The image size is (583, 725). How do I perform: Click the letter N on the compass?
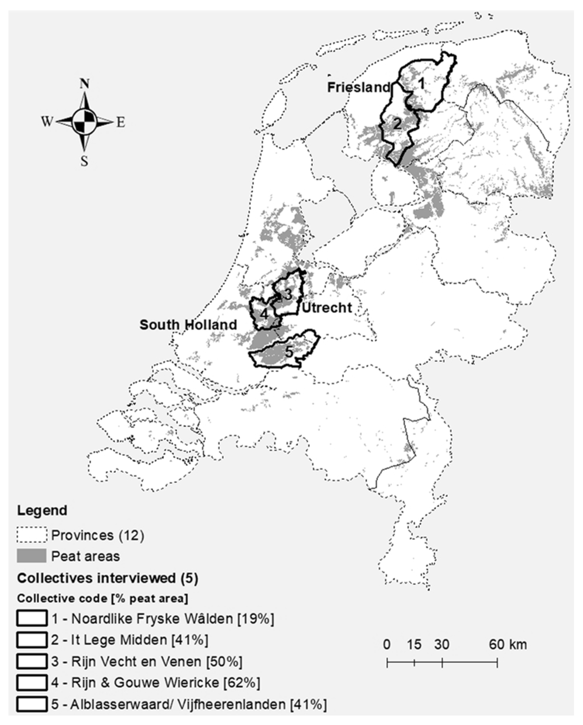[84, 84]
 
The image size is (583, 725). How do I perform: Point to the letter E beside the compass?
[121, 122]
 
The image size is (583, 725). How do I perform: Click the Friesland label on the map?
[358, 87]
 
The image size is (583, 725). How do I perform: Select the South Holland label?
[188, 325]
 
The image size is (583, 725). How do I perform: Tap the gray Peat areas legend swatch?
[32, 556]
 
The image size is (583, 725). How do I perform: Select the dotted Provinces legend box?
[32, 535]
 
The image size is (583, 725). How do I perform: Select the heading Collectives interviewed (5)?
[107, 578]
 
